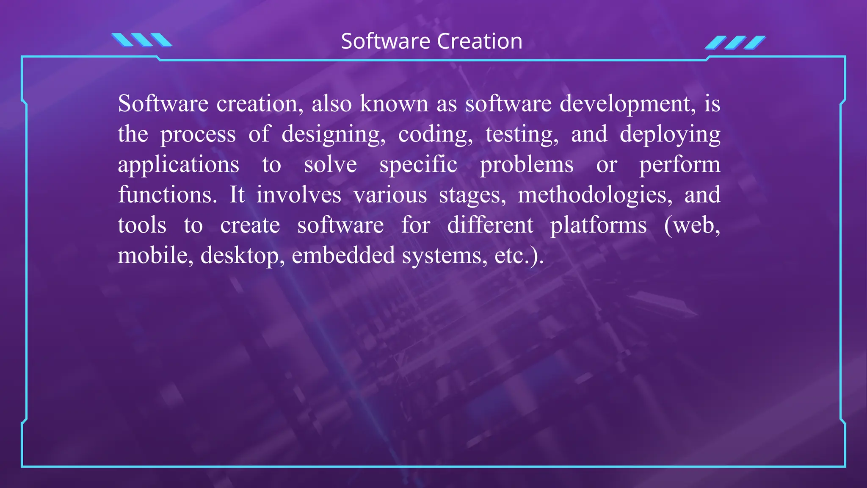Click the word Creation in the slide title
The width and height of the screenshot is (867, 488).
(x=480, y=42)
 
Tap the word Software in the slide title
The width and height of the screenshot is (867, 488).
(x=386, y=42)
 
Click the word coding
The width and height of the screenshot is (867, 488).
(x=435, y=135)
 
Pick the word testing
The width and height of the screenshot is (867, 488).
(x=522, y=135)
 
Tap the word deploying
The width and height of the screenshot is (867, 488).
(x=670, y=135)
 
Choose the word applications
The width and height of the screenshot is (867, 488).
(x=178, y=165)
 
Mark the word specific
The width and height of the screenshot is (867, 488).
(x=418, y=165)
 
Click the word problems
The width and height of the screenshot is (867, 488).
(x=527, y=165)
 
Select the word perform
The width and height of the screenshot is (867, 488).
(x=679, y=165)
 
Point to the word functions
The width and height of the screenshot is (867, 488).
(x=167, y=195)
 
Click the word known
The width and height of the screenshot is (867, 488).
(x=394, y=104)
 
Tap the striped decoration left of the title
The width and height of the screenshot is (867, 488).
(x=141, y=40)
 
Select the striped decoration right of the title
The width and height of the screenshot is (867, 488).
(x=735, y=43)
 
